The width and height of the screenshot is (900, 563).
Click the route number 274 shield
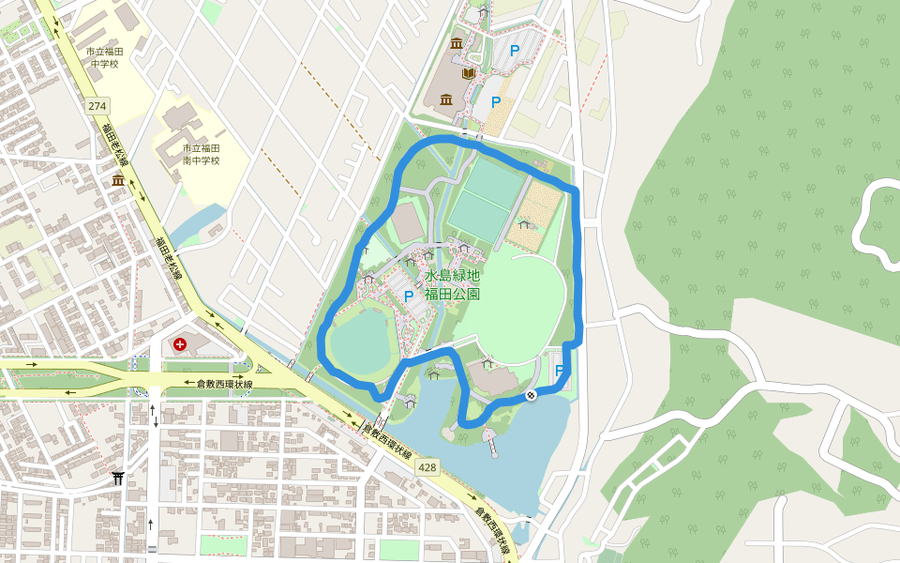[x=97, y=105]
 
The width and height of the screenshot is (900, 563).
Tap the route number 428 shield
[x=428, y=467]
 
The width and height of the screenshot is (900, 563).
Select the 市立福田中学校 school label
[x=104, y=57]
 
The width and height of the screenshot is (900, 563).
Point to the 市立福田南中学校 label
[x=201, y=154]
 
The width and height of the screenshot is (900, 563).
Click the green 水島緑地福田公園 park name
[x=452, y=284]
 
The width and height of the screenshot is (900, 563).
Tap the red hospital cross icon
[x=179, y=345]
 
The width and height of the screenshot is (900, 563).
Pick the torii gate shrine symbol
[x=118, y=479]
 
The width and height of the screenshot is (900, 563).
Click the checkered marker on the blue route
[x=531, y=395]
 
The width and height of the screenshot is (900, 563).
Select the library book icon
[x=469, y=73]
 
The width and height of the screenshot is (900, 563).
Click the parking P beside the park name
[x=408, y=296]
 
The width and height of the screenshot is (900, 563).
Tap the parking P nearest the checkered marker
[x=560, y=371]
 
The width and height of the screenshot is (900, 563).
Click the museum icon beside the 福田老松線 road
[x=119, y=180]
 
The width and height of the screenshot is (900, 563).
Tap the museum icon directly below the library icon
[x=445, y=100]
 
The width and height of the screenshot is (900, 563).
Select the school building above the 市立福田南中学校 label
[x=179, y=121]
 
